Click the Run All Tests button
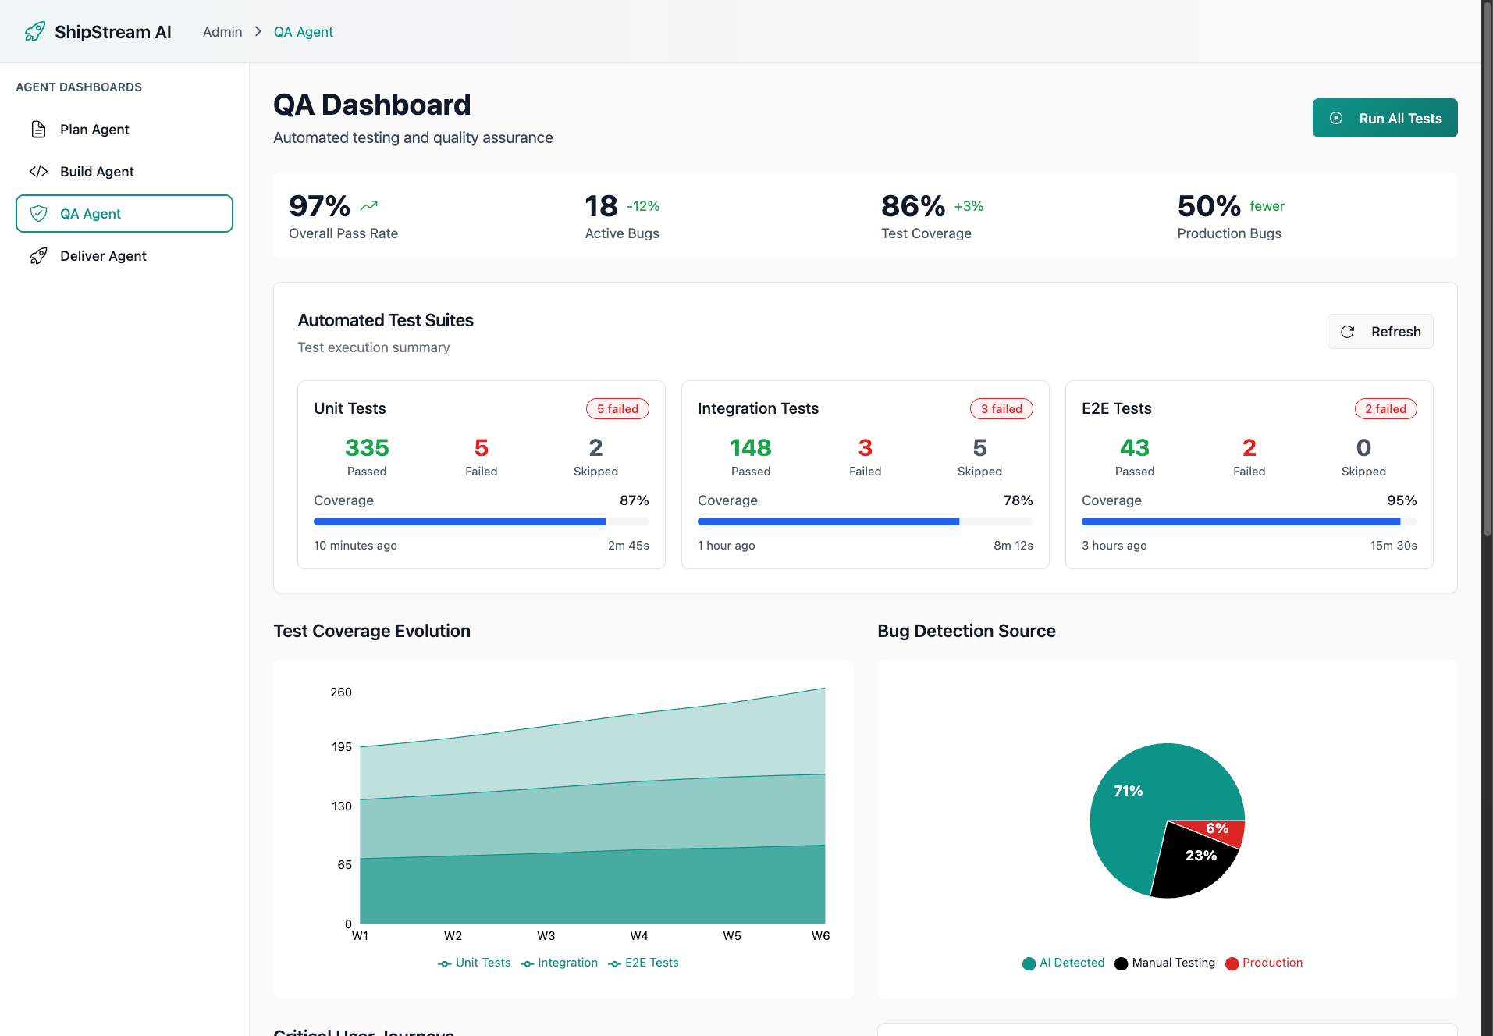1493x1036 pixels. [1385, 118]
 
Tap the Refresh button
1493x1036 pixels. [1380, 332]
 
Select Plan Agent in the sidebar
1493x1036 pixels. [94, 130]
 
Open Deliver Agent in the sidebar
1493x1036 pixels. [103, 256]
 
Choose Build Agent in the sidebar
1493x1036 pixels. [97, 172]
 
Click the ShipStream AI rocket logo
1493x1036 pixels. [35, 32]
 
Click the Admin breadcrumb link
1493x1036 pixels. [222, 32]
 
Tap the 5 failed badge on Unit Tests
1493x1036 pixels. [617, 409]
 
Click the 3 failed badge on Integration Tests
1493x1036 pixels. [1001, 409]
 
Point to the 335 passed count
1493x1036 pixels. [367, 448]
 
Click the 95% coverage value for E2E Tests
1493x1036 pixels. [1401, 500]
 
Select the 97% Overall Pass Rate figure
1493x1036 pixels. [319, 207]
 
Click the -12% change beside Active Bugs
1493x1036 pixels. [643, 207]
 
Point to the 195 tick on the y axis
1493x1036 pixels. [342, 747]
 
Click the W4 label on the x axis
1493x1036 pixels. [639, 936]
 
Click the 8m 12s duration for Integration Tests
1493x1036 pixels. [1012, 546]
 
